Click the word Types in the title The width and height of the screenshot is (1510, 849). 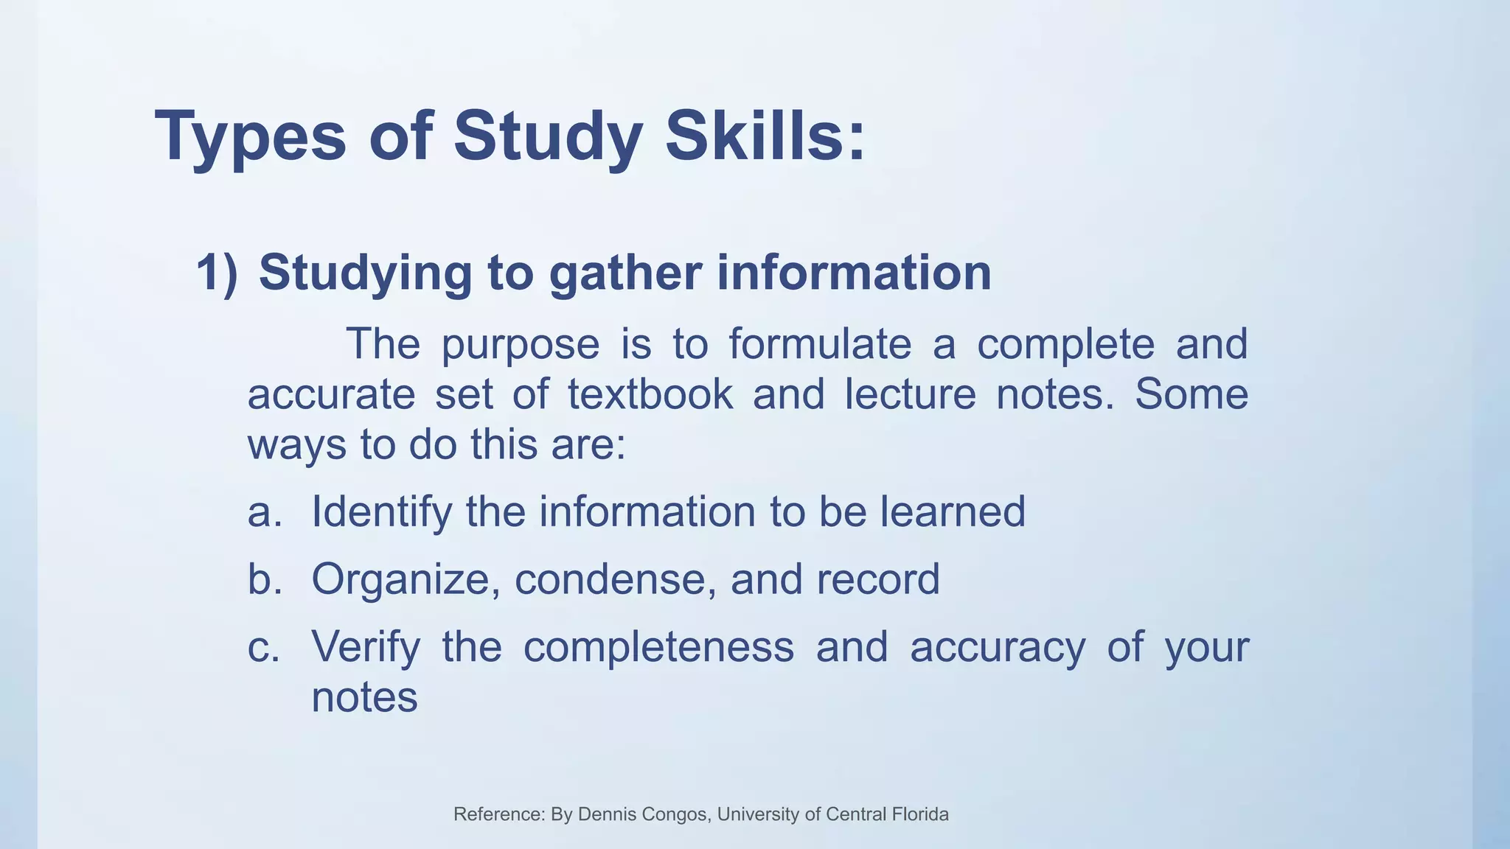[x=250, y=137]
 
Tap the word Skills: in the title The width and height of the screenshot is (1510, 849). [x=765, y=136]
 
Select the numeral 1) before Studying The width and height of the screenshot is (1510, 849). [x=218, y=273]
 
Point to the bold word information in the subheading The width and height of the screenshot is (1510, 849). [x=854, y=273]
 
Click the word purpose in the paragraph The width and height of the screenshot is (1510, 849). [x=521, y=345]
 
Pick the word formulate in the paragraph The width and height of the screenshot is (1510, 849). [x=820, y=343]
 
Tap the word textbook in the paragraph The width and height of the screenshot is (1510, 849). [x=650, y=394]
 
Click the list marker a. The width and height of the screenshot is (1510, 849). [x=265, y=511]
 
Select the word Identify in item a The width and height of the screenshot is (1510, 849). [x=381, y=512]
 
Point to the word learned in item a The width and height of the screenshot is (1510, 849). [x=952, y=511]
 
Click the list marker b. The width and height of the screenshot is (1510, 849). [x=265, y=579]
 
